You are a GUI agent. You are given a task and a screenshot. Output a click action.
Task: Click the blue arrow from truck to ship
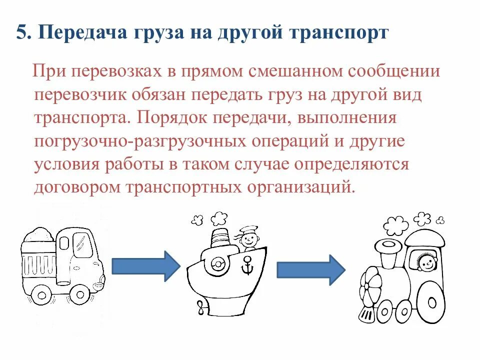pos(145,266)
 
